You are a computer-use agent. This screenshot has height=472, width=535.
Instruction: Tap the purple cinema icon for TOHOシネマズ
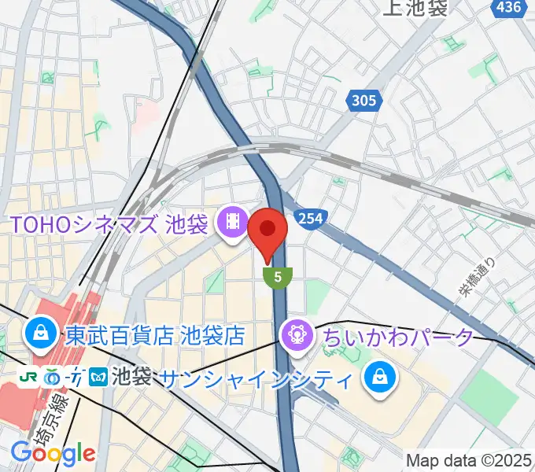click(232, 222)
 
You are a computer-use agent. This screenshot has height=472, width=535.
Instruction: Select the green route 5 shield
click(278, 276)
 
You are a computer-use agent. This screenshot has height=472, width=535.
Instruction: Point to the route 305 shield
click(364, 100)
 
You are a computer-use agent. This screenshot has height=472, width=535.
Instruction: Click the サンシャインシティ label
click(255, 380)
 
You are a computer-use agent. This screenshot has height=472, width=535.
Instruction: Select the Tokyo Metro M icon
click(100, 378)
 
